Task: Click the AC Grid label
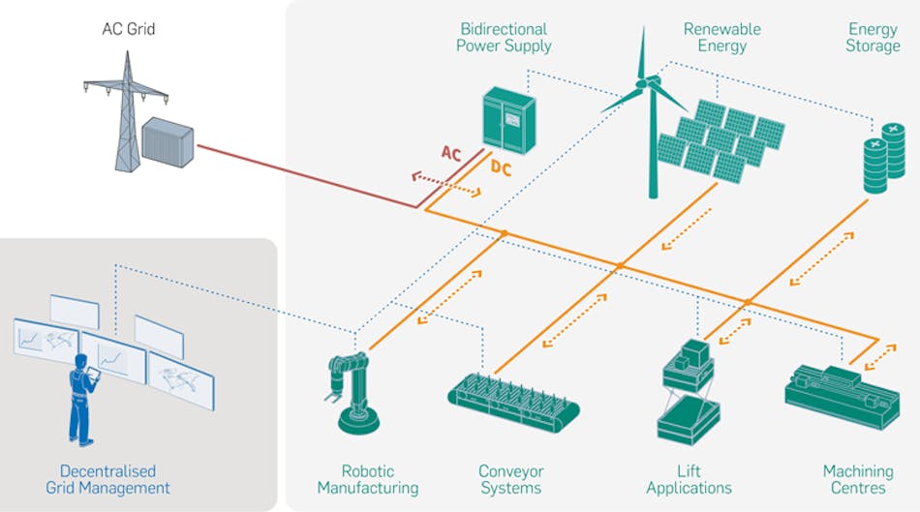(x=128, y=29)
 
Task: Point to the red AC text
(x=451, y=153)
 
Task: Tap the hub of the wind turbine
(x=641, y=84)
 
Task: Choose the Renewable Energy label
(x=721, y=37)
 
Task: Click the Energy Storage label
(x=872, y=37)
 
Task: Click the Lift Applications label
(x=689, y=479)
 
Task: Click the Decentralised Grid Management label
(x=107, y=479)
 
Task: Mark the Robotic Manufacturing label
(x=367, y=479)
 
